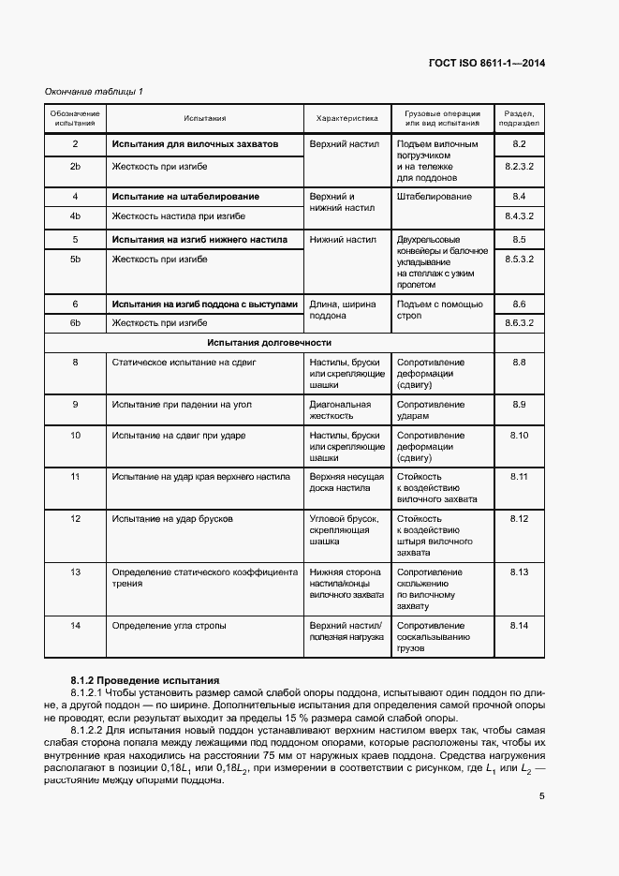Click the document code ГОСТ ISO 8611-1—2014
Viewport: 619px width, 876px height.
click(x=486, y=64)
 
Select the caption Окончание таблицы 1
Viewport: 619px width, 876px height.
click(x=96, y=91)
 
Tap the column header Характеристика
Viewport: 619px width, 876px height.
click(x=346, y=119)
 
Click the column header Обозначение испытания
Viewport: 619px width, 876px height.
click(x=75, y=119)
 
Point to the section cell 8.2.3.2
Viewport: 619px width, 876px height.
click(x=520, y=166)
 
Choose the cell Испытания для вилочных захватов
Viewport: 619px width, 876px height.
click(x=195, y=144)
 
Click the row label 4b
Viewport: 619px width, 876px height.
click(x=75, y=216)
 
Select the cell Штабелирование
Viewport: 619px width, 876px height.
click(x=435, y=197)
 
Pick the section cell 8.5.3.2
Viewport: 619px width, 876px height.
click(x=520, y=259)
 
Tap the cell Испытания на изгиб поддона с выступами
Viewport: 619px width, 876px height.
click(x=204, y=304)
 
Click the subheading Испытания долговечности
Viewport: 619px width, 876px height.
click(x=270, y=343)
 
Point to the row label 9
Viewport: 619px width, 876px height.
click(x=75, y=405)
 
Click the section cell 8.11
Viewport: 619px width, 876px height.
click(x=520, y=477)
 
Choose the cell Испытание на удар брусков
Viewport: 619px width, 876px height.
click(x=173, y=518)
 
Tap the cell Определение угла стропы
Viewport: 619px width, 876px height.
click(x=169, y=625)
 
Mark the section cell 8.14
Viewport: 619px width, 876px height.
click(x=520, y=625)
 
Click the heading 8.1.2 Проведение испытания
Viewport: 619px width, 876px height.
click(x=144, y=679)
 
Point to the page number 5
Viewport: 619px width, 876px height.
click(x=542, y=797)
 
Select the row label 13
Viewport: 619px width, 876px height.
click(x=75, y=572)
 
